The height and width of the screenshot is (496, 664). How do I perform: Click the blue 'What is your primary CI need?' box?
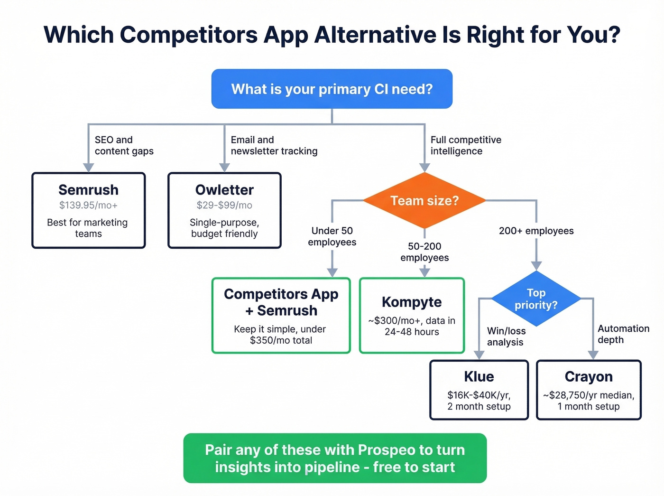332,89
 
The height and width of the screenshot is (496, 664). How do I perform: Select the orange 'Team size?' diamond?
424,200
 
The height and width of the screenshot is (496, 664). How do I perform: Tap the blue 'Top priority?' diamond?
536,299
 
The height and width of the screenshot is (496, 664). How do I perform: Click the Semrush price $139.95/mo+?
88,205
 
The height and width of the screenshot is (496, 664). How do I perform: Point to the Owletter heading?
224,190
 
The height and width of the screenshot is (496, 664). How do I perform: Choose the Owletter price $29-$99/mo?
224,205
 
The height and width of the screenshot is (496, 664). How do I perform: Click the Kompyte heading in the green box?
412,302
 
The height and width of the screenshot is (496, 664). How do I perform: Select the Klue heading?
479,376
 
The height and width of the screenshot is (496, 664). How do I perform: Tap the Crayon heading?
589,376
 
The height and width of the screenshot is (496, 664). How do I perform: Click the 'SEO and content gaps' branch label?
124,145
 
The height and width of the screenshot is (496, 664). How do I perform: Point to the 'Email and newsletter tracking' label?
274,145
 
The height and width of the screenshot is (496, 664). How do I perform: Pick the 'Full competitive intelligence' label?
465,145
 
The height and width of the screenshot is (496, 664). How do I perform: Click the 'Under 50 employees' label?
332,236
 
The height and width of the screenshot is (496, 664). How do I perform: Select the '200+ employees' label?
536,231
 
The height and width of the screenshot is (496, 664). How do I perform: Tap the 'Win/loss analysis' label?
506,336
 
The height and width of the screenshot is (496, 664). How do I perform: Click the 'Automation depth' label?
623,334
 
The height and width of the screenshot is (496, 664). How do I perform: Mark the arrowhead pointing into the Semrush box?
88,167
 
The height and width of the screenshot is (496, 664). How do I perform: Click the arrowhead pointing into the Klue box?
479,355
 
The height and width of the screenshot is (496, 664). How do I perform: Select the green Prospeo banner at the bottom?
335,458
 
